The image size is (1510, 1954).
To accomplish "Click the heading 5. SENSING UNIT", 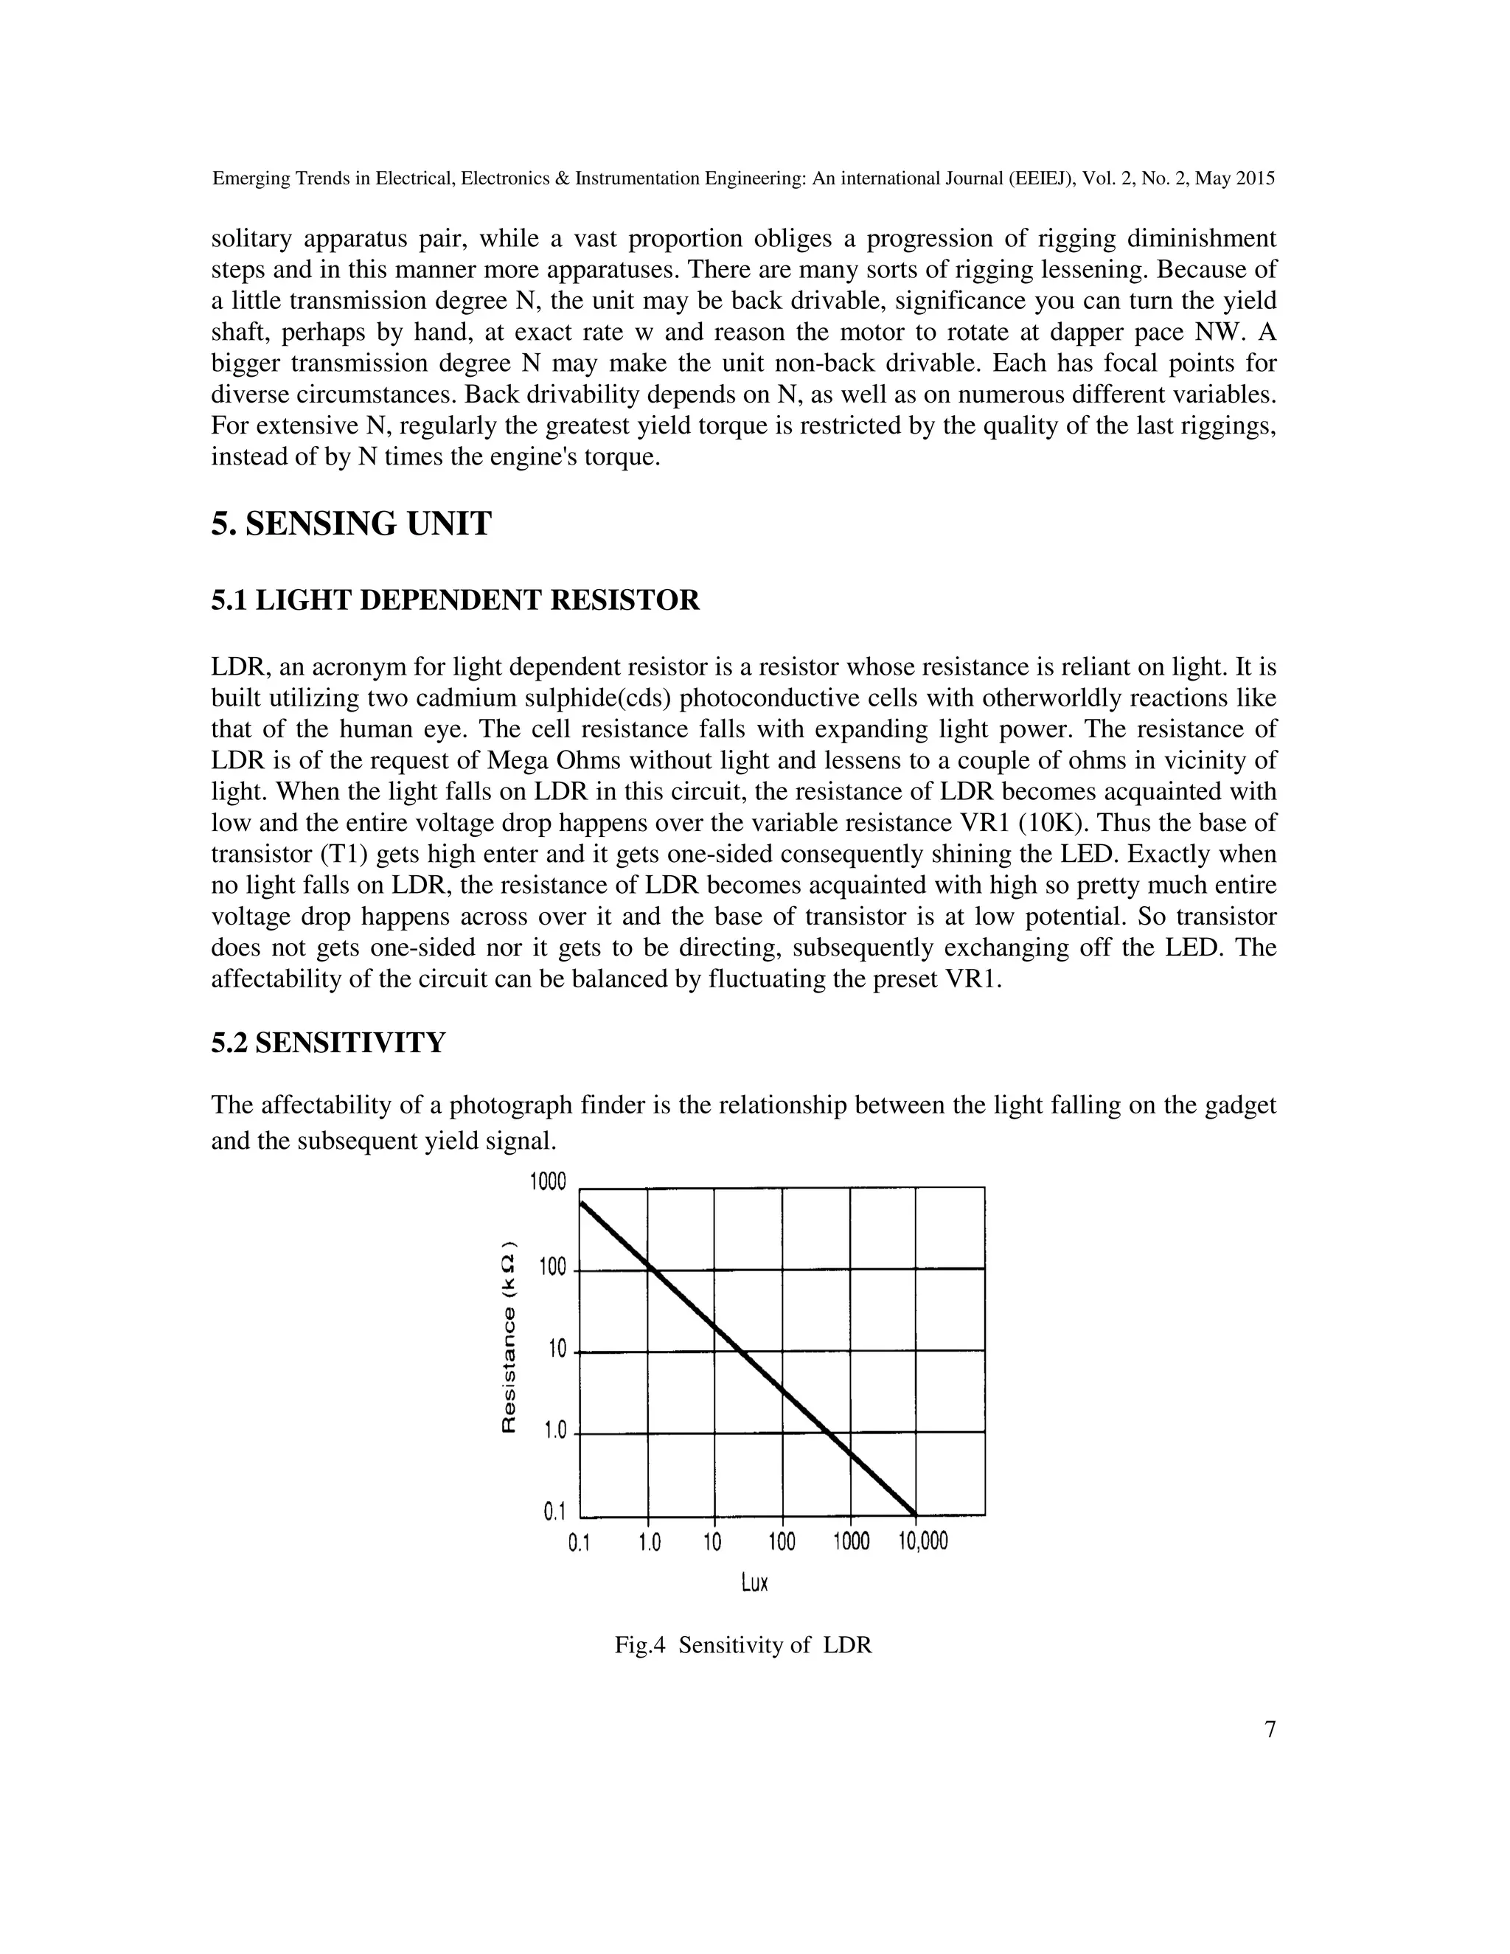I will pos(351,524).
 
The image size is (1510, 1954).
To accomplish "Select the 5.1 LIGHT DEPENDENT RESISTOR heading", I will pos(456,599).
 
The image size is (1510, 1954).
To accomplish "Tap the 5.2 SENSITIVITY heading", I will pos(328,1043).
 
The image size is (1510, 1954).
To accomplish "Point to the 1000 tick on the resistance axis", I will pos(548,1182).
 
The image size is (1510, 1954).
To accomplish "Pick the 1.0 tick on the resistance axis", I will pos(554,1431).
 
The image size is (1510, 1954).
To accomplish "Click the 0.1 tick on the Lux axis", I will pos(580,1543).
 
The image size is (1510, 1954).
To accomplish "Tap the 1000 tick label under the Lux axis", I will pos(851,1542).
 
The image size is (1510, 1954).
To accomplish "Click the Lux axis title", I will pos(755,1582).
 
